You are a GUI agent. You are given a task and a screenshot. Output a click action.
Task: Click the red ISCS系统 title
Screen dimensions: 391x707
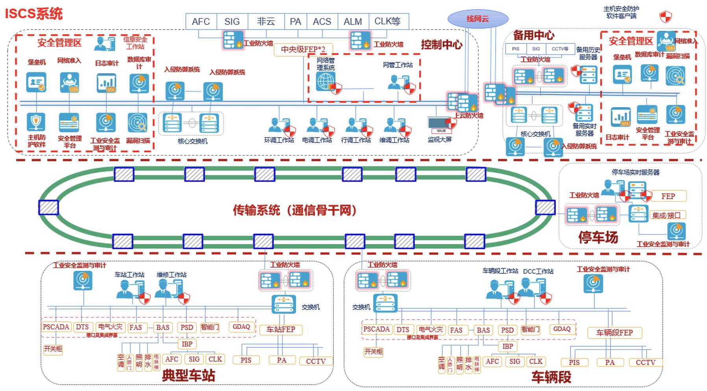coord(34,13)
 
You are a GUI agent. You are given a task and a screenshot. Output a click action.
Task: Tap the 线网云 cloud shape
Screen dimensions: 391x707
coord(478,19)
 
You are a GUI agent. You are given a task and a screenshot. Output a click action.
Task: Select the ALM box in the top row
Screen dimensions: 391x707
coord(353,22)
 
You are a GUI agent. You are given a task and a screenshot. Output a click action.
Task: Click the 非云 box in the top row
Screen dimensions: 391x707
coord(266,22)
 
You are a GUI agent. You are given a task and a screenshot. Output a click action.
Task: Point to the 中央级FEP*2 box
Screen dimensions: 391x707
coord(303,50)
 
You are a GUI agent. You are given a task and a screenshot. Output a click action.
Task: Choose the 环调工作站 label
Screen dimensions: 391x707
coord(279,140)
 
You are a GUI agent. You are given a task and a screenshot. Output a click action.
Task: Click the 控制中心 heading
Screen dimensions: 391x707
coord(441,45)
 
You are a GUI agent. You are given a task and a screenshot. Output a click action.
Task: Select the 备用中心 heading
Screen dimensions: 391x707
coord(533,35)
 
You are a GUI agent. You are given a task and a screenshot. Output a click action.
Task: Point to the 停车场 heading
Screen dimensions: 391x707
coord(598,237)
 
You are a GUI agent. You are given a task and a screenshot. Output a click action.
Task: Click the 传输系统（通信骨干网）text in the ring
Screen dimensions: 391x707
coord(295,210)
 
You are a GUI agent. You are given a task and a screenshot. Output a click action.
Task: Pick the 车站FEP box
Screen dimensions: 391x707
coord(281,330)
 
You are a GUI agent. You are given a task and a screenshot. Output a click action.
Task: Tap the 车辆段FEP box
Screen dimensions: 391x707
coord(614,333)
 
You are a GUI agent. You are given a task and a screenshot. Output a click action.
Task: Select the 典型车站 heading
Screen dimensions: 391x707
coord(189,375)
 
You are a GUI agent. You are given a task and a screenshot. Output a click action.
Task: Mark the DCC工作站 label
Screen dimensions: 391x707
coord(538,271)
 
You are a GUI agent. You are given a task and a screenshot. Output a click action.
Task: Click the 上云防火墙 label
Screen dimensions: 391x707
coord(469,115)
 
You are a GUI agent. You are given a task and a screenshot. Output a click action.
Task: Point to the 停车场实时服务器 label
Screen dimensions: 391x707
coord(635,172)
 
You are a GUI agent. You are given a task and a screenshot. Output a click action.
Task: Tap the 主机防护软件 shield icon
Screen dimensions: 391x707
coord(36,122)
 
